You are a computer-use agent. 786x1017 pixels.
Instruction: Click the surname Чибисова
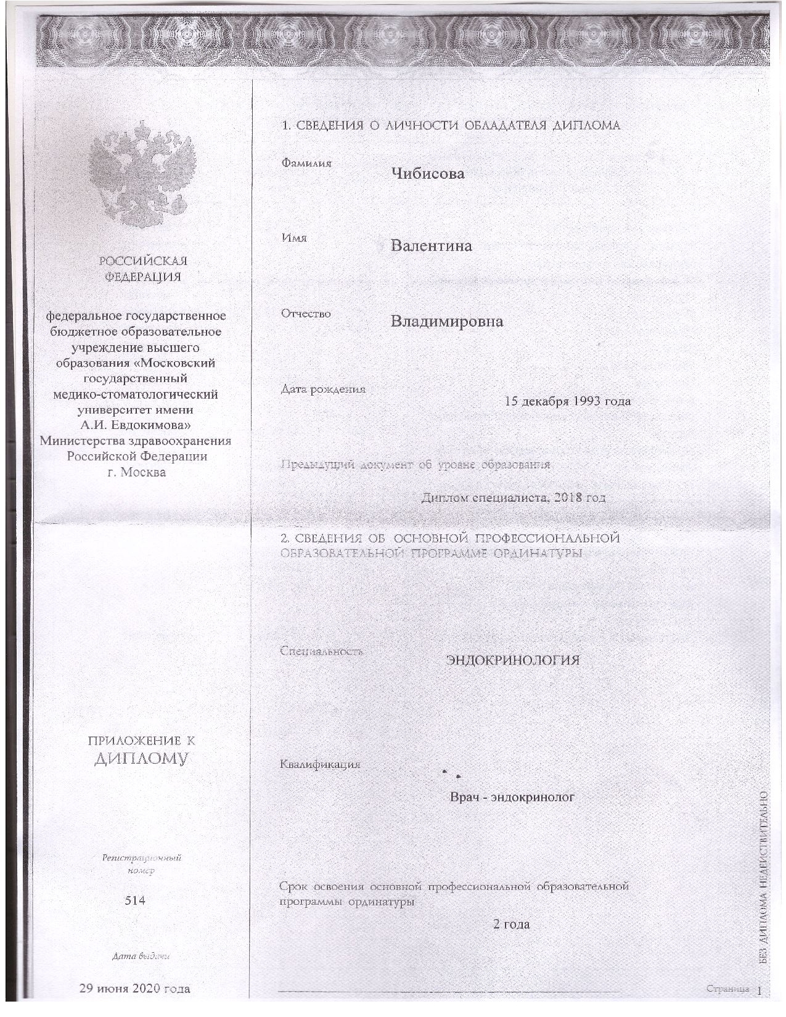(x=427, y=173)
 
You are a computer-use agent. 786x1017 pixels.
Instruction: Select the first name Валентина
(x=432, y=246)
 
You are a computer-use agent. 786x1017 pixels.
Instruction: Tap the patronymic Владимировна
(x=447, y=321)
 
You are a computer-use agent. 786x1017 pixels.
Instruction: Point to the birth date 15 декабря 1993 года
(x=567, y=401)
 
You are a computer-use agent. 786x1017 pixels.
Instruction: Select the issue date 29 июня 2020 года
(x=135, y=989)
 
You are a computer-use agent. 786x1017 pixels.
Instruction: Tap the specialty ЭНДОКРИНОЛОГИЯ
(x=513, y=660)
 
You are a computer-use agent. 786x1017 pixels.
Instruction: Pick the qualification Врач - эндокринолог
(x=512, y=797)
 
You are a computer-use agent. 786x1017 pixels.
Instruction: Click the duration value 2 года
(x=512, y=925)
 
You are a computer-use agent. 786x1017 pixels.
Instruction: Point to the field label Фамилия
(x=306, y=163)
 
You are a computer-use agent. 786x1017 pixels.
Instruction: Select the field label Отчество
(x=306, y=314)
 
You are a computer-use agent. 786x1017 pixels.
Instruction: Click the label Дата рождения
(x=323, y=390)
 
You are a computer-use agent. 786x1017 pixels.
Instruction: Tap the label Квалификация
(x=320, y=765)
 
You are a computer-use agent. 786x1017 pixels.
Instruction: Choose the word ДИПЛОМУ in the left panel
(x=141, y=758)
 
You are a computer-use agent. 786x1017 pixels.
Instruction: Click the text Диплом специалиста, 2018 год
(x=513, y=497)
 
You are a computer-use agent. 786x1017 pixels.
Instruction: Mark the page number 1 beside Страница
(x=759, y=990)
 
